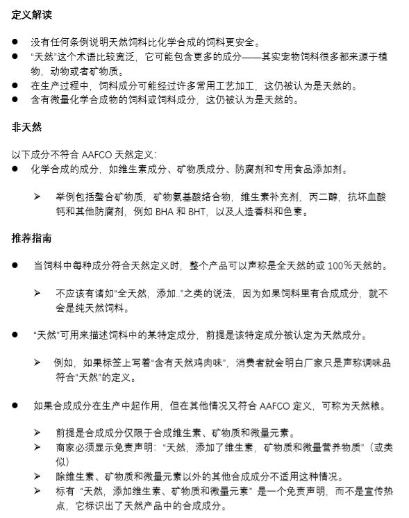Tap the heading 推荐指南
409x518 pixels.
pyautogui.click(x=31, y=239)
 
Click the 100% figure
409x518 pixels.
pyautogui.click(x=342, y=266)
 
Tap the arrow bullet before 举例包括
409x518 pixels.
pyautogui.click(x=38, y=197)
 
